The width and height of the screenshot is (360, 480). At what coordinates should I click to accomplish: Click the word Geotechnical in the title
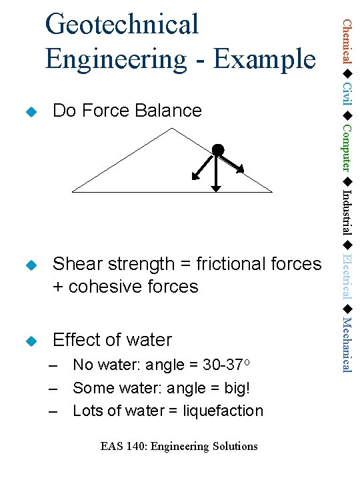point(122,25)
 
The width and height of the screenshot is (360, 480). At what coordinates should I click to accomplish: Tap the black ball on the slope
point(217,150)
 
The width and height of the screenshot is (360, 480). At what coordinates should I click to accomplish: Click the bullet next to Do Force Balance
point(28,111)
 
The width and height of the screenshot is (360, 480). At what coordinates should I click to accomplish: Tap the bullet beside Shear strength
point(28,265)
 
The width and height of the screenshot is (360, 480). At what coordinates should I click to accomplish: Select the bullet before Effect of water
point(28,341)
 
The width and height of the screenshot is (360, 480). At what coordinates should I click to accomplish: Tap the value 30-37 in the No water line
point(223,365)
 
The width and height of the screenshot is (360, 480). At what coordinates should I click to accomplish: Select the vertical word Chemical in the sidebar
point(347,41)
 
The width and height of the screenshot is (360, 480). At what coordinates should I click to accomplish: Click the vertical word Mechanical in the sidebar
point(347,345)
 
